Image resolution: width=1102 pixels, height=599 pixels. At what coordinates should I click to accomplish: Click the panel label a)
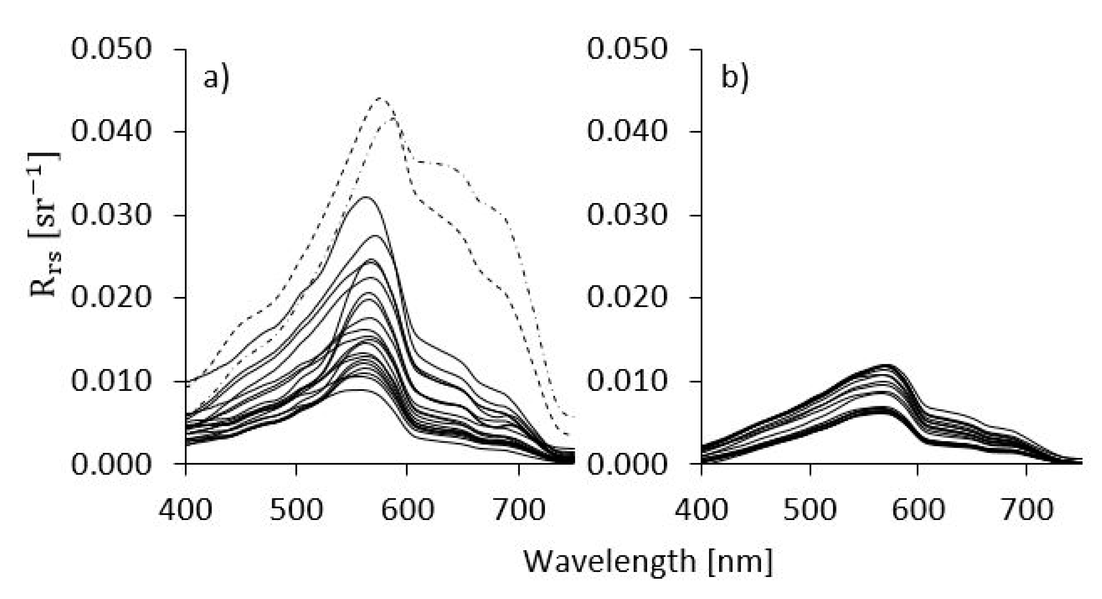216,78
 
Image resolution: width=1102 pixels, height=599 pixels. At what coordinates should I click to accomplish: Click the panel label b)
734,78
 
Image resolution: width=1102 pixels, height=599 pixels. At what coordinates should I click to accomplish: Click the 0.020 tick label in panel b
627,297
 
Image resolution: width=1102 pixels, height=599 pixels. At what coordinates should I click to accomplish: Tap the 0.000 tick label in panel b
627,464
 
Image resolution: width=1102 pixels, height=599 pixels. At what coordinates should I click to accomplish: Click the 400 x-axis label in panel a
185,510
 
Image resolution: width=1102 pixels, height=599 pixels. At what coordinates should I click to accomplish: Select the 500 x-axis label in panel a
296,510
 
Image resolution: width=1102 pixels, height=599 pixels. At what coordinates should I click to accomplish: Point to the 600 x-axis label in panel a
407,510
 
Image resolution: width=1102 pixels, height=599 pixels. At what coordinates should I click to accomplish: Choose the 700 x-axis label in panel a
519,510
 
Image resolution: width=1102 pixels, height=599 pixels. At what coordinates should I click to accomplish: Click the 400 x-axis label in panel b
701,510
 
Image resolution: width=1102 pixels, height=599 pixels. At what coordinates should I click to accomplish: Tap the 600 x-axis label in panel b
918,510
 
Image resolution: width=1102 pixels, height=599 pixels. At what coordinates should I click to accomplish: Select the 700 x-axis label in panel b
1027,510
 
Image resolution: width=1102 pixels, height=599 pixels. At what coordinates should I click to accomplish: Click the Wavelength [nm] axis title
648,562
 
